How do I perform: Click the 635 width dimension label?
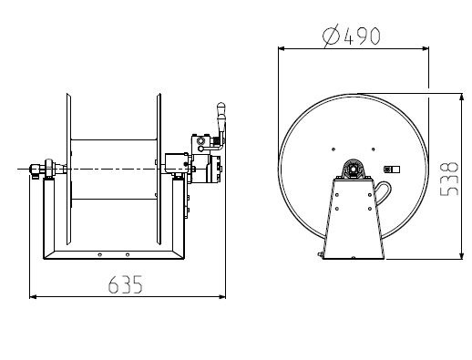click(125, 284)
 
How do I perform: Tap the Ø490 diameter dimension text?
click(351, 36)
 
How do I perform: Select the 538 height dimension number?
click(449, 179)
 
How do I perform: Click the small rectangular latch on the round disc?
click(392, 170)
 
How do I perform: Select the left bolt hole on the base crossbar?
click(99, 254)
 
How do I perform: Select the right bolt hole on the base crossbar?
click(128, 254)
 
